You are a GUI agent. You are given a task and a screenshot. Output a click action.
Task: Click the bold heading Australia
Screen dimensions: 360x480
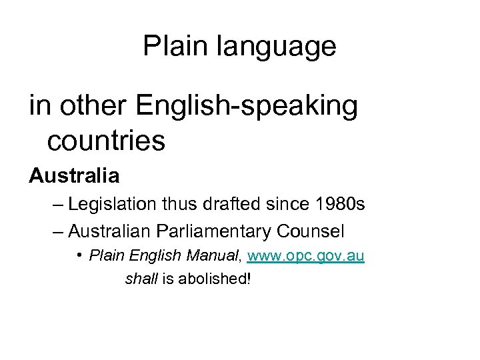coord(74,177)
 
